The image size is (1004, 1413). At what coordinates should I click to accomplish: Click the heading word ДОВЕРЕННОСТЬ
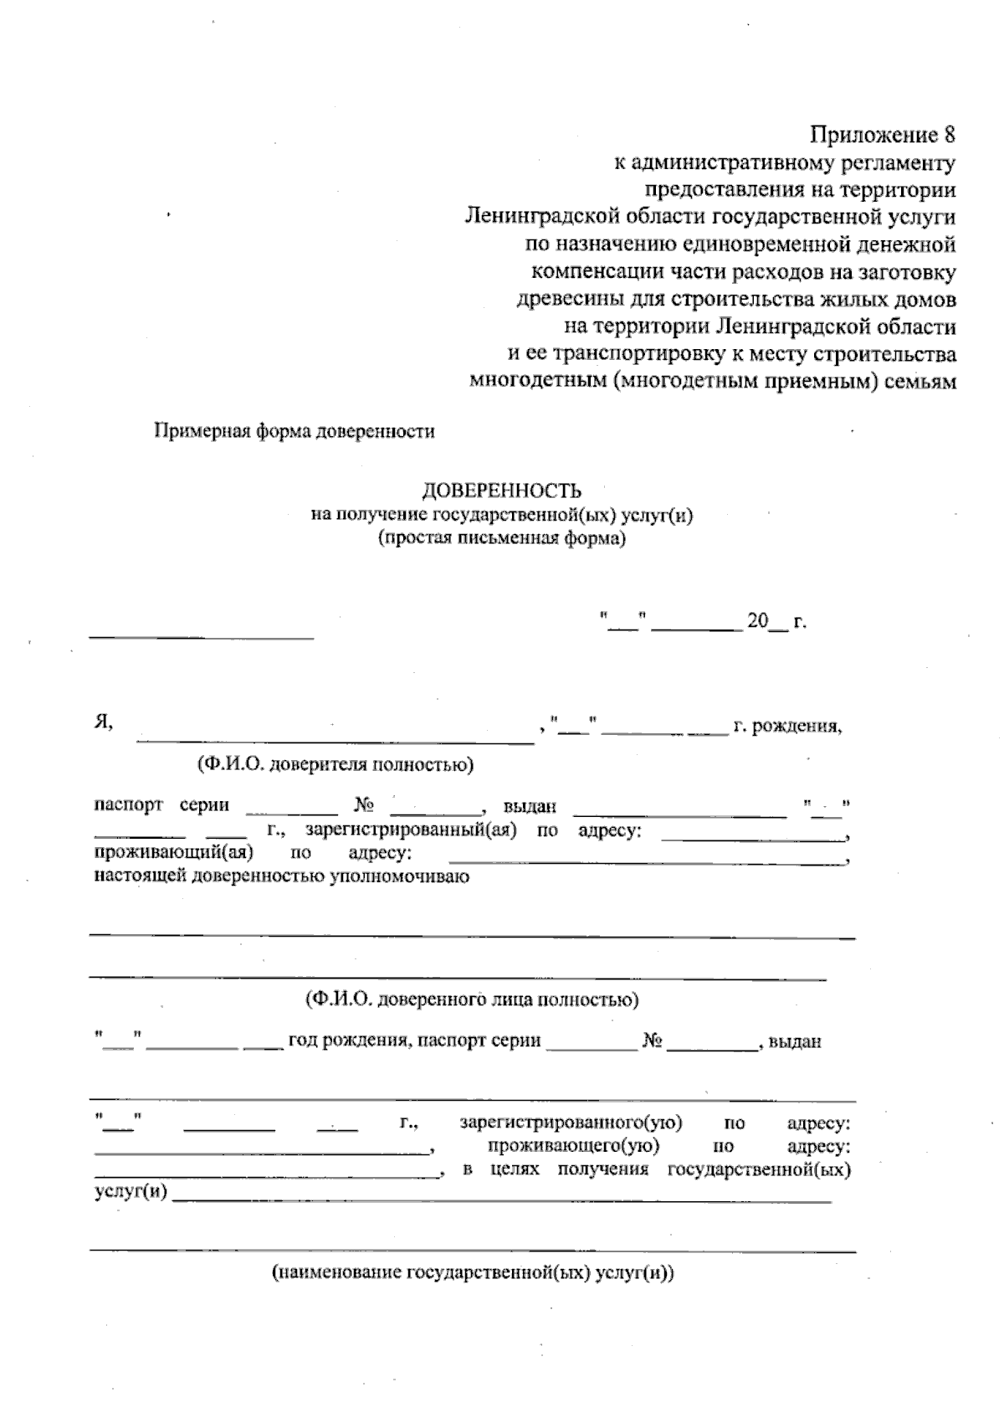(501, 491)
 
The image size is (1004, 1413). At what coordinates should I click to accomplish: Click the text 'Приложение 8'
(882, 135)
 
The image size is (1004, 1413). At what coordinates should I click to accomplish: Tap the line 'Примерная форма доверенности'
(294, 432)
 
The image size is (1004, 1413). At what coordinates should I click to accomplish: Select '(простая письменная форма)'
(501, 538)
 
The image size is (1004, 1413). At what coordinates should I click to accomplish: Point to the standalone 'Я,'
(103, 723)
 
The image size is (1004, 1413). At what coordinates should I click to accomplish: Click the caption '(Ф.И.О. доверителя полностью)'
(335, 763)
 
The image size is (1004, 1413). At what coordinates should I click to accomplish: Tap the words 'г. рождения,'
(787, 726)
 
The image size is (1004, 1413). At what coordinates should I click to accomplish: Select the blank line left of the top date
(201, 636)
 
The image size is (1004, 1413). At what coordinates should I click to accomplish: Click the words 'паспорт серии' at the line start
(161, 805)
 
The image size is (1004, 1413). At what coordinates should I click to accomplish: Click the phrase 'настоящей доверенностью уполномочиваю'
(280, 876)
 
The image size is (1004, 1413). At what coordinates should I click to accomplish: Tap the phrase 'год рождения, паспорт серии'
(414, 1042)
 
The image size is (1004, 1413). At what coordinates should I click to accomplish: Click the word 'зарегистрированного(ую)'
(571, 1123)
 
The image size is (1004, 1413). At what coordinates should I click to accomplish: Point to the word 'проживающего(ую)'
(573, 1145)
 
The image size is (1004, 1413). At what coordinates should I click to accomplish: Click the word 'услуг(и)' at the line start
(129, 1191)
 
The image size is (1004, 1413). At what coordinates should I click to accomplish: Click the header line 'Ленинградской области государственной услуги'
(709, 217)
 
